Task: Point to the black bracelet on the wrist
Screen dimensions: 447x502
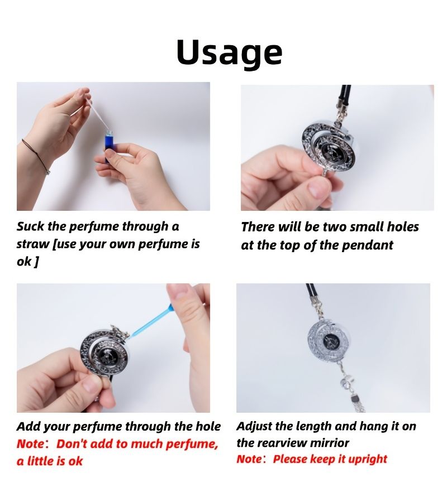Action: coord(36,156)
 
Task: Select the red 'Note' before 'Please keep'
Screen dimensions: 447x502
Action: coord(249,459)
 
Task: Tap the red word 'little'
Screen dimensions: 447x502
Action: coord(41,461)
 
